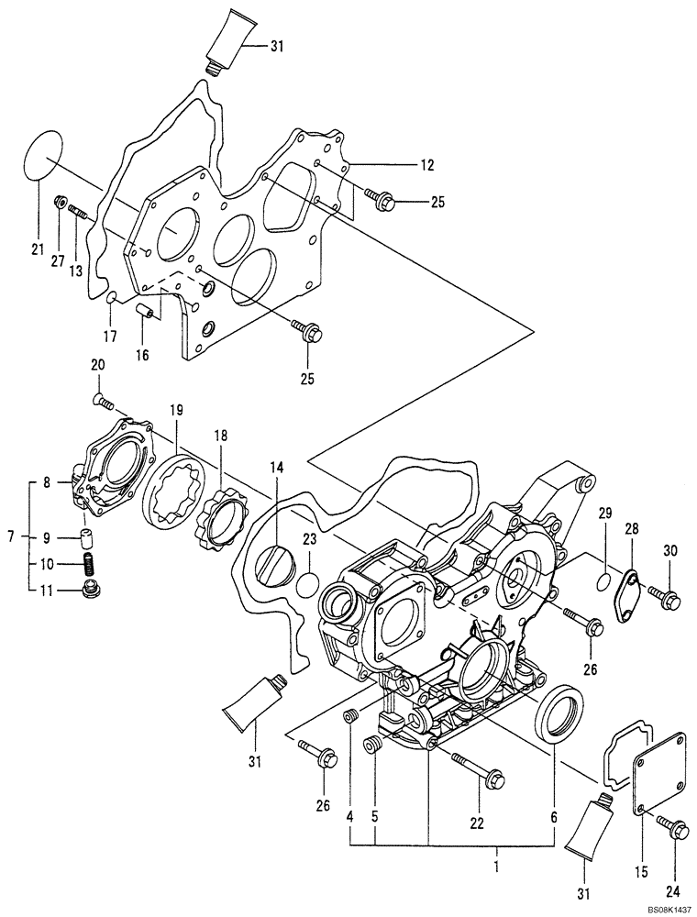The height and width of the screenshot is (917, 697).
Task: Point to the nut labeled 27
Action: pyautogui.click(x=61, y=201)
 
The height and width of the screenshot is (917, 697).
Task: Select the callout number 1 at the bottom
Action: pyautogui.click(x=496, y=864)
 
